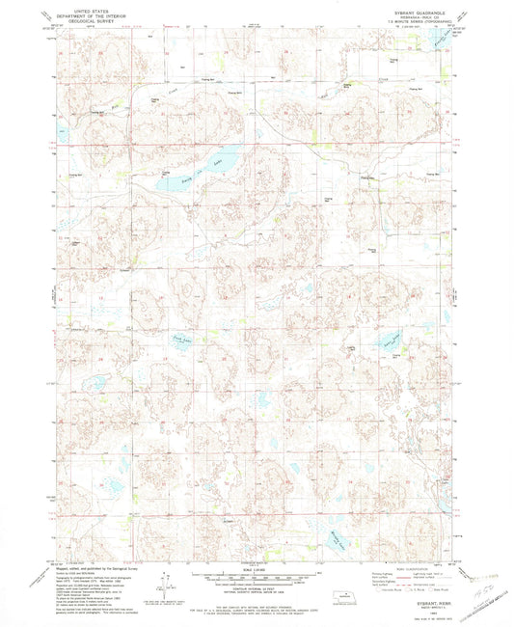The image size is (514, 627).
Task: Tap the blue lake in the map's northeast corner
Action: (443, 43)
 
